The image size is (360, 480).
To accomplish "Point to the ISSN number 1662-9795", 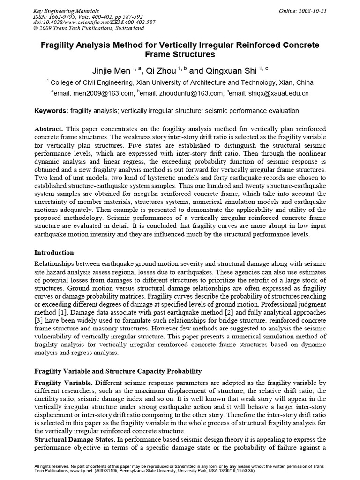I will click(x=67, y=16).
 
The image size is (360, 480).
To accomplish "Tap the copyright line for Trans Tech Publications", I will click(x=89, y=28).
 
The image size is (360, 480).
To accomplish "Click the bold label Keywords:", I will click(x=52, y=111).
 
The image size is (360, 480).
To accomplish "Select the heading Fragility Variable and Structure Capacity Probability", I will click(x=118, y=371).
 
